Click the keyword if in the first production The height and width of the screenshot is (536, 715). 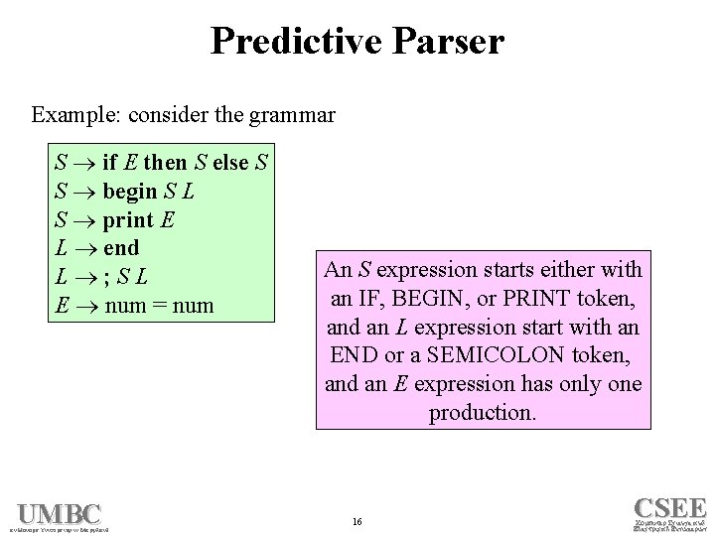(111, 162)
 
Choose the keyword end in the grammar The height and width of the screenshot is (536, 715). (120, 247)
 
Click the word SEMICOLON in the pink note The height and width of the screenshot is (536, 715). (499, 355)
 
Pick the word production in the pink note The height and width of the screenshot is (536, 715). (482, 412)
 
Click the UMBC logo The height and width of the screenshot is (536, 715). (59, 515)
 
